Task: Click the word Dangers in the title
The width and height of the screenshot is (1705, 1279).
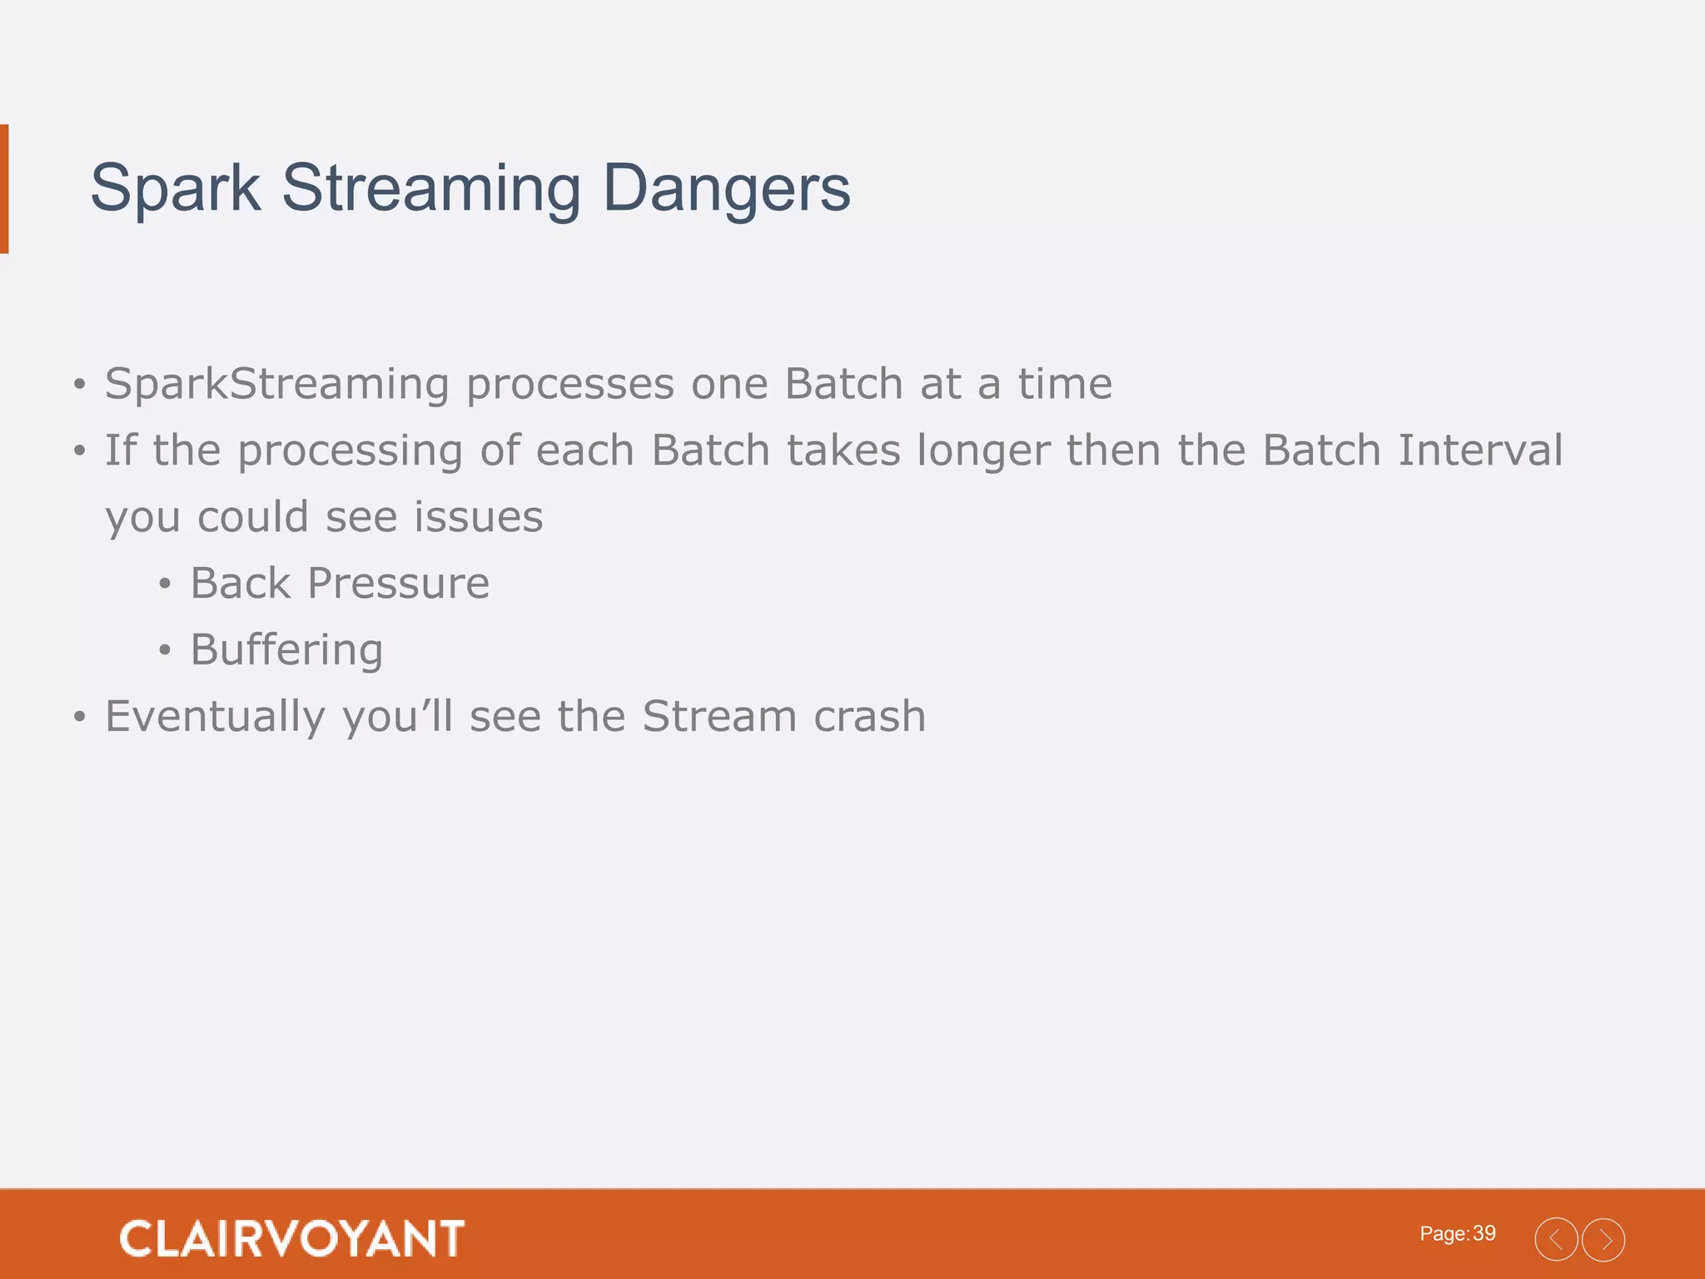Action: tap(726, 189)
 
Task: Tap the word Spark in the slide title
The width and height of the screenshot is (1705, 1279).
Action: tap(175, 189)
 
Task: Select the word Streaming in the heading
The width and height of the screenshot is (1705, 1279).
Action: tap(431, 189)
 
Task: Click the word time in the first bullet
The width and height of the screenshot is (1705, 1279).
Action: tap(1065, 384)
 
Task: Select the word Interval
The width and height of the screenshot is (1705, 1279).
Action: tap(1480, 450)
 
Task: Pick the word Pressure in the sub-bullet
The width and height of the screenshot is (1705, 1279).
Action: tap(398, 584)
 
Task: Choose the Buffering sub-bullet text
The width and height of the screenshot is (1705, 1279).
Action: tap(286, 650)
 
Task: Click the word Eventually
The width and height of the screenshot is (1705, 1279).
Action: tap(215, 717)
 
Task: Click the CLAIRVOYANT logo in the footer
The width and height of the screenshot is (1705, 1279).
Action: tap(292, 1238)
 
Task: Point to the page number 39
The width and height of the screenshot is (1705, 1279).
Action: tap(1484, 1233)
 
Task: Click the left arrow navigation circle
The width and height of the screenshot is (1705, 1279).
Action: tap(1556, 1240)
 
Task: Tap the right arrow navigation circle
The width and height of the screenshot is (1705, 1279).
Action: tap(1603, 1240)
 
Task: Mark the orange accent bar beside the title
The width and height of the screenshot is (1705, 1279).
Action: tap(4, 189)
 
